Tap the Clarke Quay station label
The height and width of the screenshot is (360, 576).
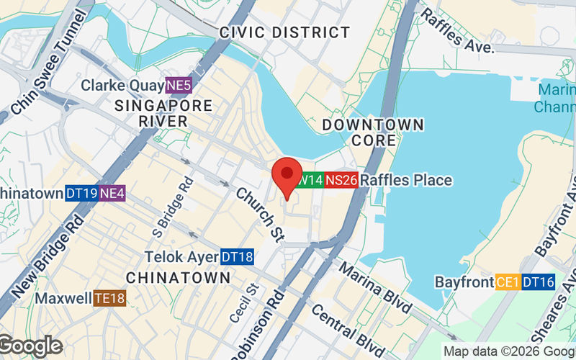pyautogui.click(x=122, y=86)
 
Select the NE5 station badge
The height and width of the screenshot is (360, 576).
pyautogui.click(x=179, y=86)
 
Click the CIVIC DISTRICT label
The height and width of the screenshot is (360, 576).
pyautogui.click(x=285, y=32)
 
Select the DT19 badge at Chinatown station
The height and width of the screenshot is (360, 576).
pyautogui.click(x=81, y=193)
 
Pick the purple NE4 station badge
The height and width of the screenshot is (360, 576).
pyautogui.click(x=112, y=193)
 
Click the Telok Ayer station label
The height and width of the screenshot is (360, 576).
pyautogui.click(x=181, y=256)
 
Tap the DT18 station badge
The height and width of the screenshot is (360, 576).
pyautogui.click(x=237, y=256)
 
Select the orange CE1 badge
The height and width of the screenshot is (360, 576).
pyautogui.click(x=506, y=282)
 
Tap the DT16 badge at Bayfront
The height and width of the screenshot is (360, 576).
pyautogui.click(x=539, y=282)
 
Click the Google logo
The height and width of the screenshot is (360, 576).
pyautogui.click(x=30, y=346)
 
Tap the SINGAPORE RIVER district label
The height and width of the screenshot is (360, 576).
pyautogui.click(x=164, y=113)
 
